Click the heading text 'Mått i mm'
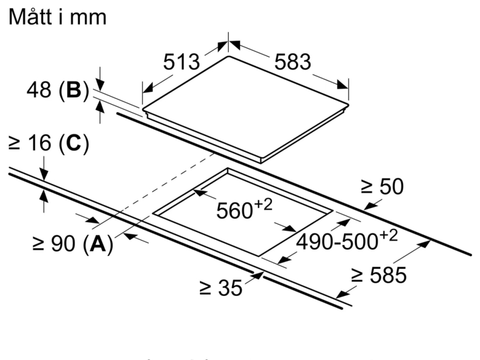click(x=58, y=17)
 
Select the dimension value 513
click(x=181, y=62)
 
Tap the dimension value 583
click(x=293, y=62)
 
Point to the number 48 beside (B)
click(x=39, y=90)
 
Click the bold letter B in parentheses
click(x=74, y=90)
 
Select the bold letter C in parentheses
click(x=74, y=143)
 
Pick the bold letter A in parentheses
click(x=98, y=244)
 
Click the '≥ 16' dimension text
click(x=30, y=143)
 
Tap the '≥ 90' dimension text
click(x=54, y=244)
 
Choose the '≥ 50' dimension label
click(x=382, y=186)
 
